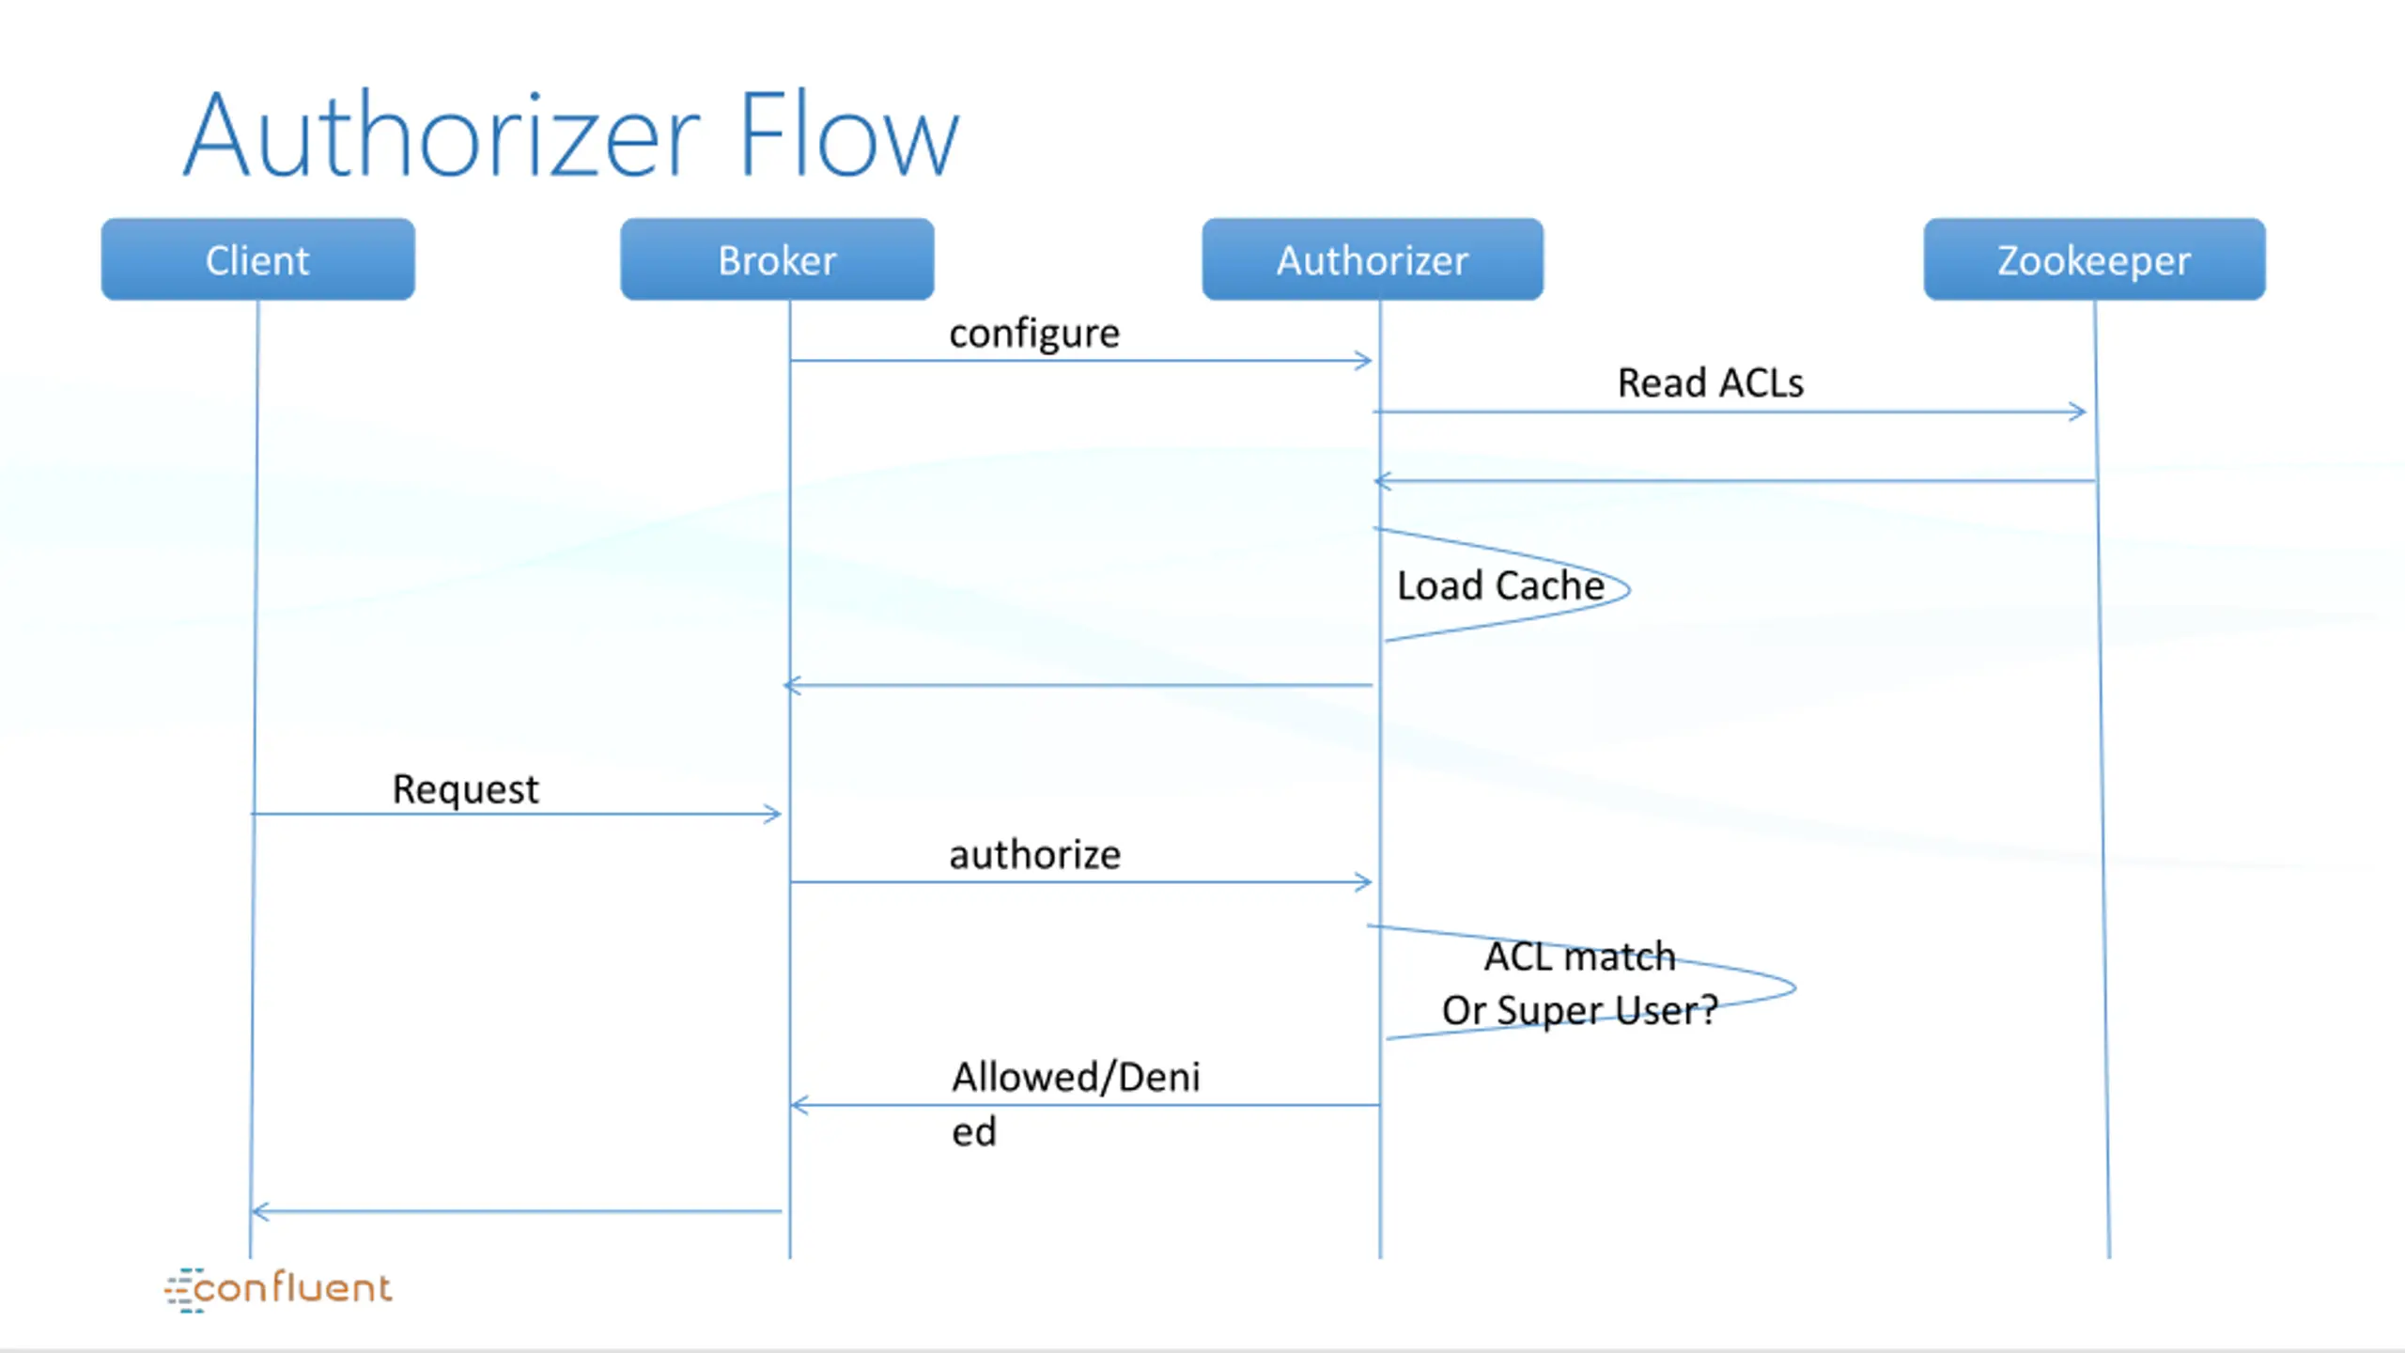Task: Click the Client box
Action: pos(257,259)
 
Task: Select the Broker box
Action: pos(777,259)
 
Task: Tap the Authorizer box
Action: pos(1373,259)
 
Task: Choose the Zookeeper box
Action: pos(2094,259)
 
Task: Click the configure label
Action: pos(1034,334)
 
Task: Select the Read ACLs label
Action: pos(1711,383)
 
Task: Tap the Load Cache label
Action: pos(1500,585)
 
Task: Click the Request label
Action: pos(465,790)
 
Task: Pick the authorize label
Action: pos(1034,855)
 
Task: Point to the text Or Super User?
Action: pos(1580,1011)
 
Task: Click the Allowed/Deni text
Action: pos(1076,1078)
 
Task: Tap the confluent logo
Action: pos(278,1288)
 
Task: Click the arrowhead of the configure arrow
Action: pos(1364,361)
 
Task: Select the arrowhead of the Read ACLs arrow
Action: pos(2077,412)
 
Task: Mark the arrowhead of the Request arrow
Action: pos(772,814)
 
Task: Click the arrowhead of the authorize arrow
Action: pos(1364,881)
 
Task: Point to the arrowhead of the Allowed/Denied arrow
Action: pos(799,1105)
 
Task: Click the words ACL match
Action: pos(1580,956)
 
